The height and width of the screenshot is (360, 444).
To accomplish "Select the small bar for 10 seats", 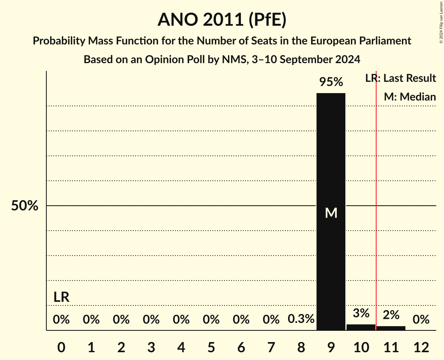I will tap(361, 327).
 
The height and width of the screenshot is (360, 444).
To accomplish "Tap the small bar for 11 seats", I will tap(391, 328).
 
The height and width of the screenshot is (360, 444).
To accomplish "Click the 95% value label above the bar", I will tap(331, 82).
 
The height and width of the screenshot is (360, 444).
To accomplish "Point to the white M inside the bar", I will tap(331, 213).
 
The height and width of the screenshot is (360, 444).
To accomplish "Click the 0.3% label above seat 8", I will tap(301, 319).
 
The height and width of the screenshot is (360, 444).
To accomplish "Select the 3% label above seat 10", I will tap(361, 313).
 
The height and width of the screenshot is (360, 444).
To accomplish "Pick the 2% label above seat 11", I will tap(391, 315).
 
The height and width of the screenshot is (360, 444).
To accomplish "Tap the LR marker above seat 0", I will tap(61, 297).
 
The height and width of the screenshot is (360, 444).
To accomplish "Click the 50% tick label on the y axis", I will tap(24, 206).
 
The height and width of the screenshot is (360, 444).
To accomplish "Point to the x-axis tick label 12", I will tap(421, 347).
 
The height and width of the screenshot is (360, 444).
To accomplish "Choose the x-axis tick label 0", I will tap(61, 347).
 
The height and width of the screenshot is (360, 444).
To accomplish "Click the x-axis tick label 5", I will tap(211, 347).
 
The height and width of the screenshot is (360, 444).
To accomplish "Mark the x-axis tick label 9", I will tap(331, 347).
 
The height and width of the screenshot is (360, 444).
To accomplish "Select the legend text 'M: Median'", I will tap(410, 97).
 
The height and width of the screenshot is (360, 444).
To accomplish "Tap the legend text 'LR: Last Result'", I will tap(400, 78).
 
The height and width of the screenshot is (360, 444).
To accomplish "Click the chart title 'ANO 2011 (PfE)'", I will tap(222, 19).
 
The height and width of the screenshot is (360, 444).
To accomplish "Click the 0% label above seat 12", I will tap(421, 320).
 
